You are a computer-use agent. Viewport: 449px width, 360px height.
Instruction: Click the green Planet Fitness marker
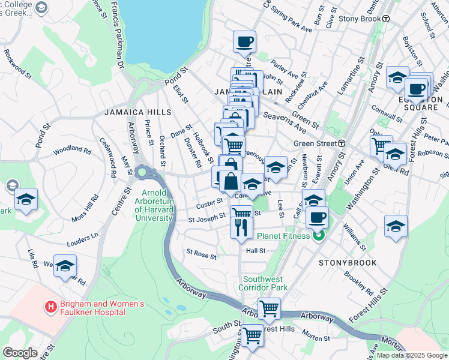point(319,235)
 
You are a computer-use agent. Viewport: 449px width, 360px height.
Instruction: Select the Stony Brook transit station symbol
point(386,19)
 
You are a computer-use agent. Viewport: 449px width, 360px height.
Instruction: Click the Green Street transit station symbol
point(341,143)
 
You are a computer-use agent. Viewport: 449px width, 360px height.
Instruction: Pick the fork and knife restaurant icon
point(241,227)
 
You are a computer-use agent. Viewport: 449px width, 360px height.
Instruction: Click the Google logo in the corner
point(20,352)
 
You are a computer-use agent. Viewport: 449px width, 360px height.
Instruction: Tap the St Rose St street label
point(201,255)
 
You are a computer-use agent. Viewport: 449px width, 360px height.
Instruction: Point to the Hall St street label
point(255,251)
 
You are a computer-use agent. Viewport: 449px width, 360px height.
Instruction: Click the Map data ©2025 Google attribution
point(411,355)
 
